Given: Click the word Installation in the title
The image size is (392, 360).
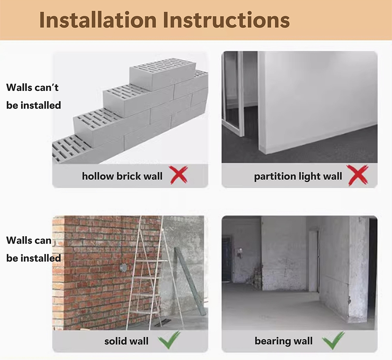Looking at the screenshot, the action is pos(98,20).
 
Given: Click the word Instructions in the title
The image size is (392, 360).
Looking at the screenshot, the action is pos(226,20).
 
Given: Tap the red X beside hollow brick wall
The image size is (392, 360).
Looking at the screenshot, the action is pos(179,175).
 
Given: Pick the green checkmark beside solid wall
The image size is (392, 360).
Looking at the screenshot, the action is pos(169,340).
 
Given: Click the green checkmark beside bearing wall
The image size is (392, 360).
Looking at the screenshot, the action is pos(334,340).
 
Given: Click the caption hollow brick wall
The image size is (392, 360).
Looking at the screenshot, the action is pos(122,176).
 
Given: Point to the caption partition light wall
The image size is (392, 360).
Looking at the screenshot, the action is pos(298,177).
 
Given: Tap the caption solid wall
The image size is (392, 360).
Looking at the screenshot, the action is pos(127,341).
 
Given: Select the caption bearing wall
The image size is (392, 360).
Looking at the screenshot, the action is pos(284,341).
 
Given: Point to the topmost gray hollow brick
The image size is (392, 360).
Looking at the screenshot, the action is pos(163,74).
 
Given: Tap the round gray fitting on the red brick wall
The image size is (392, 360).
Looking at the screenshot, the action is pos(123,268).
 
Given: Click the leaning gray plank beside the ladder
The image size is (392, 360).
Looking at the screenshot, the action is pos(190,281).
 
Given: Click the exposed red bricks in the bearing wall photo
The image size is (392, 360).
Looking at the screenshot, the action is pos(258,277).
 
